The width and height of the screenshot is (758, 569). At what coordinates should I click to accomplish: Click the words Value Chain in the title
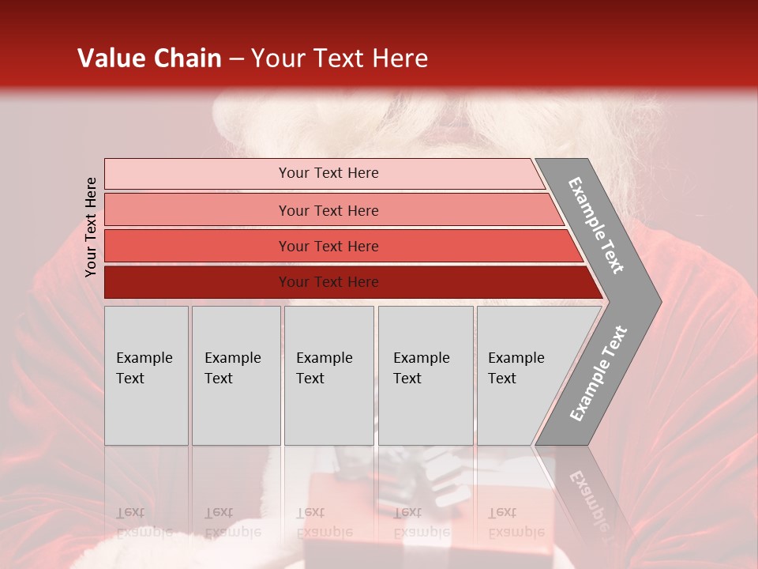149,58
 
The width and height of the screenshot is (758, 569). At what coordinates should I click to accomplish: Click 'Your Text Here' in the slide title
340,58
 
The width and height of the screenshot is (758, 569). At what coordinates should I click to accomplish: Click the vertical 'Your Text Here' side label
91,227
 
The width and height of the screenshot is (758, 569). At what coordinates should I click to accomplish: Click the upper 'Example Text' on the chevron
596,225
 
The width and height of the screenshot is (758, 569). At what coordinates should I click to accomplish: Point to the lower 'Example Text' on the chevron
599,374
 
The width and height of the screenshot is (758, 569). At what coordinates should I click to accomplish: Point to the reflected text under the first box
144,522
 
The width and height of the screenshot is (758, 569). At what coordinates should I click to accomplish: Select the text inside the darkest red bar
328,282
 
